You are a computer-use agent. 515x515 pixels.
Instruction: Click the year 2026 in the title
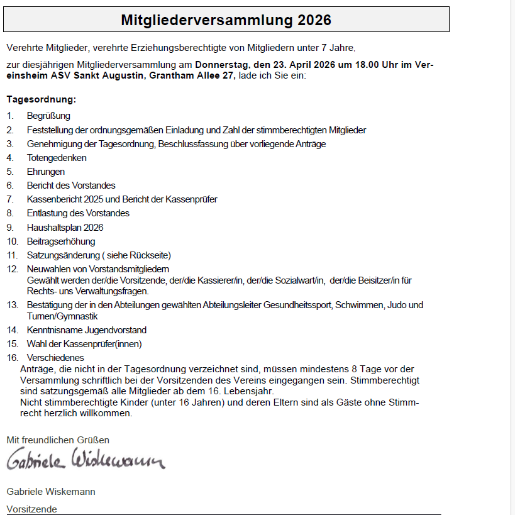point(311,20)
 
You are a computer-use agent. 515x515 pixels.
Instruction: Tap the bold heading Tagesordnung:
point(42,99)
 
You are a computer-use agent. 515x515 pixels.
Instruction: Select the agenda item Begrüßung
point(48,116)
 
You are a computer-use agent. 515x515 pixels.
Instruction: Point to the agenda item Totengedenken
point(57,158)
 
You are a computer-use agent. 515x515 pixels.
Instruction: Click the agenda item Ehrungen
point(45,172)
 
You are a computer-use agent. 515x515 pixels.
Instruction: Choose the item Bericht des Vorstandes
point(71,186)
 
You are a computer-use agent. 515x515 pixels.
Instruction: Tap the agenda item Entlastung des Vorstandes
point(78,213)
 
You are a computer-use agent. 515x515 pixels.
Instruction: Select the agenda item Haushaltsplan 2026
point(65,227)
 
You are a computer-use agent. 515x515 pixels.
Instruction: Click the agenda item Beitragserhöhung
point(61,241)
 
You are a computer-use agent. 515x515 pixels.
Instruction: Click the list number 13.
point(13,305)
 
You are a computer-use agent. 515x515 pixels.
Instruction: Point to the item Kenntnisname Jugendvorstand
point(86,330)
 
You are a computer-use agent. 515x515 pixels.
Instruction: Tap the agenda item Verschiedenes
point(55,358)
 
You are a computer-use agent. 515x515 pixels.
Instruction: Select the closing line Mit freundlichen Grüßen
point(58,440)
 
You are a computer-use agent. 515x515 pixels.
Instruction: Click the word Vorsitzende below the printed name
point(31,509)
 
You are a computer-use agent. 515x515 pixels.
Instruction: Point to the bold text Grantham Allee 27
point(191,75)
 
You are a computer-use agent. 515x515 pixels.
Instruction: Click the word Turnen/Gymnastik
point(62,316)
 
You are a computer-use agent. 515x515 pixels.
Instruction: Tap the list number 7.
point(9,199)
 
